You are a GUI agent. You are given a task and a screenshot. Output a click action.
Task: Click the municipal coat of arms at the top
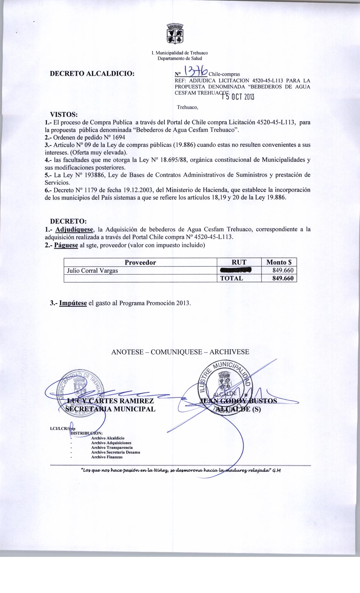coord(175,34)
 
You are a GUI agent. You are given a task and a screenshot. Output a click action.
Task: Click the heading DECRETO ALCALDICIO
coord(92,74)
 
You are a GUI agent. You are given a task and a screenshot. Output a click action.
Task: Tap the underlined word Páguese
coord(66,245)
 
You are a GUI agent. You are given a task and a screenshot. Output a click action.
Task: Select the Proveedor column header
coord(140,262)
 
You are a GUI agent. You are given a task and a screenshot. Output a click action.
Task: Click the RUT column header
coord(239,262)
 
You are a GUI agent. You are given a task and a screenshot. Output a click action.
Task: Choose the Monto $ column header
coord(279,262)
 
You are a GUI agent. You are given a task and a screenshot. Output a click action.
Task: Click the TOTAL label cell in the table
coord(232,278)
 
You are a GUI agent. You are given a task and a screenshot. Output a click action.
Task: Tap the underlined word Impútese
coord(73,303)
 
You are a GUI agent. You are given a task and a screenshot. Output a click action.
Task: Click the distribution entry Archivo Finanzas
coord(107,457)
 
